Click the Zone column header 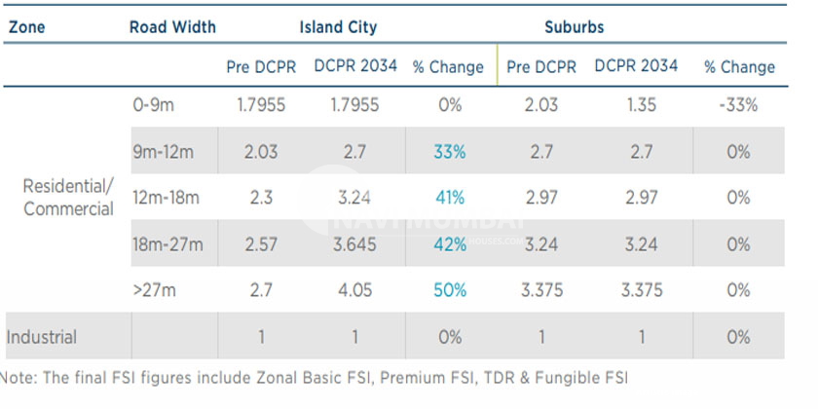[x=26, y=27]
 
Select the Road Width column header [x=172, y=27]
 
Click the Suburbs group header [x=574, y=27]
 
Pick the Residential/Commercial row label [x=67, y=198]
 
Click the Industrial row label [x=42, y=337]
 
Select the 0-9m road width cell [x=155, y=105]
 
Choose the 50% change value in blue [x=450, y=290]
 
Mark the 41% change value [x=450, y=198]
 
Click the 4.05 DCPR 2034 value [x=354, y=290]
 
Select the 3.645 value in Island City [x=354, y=244]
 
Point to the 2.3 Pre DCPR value [x=259, y=198]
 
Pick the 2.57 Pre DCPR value [x=259, y=244]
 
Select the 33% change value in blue [x=450, y=152]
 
